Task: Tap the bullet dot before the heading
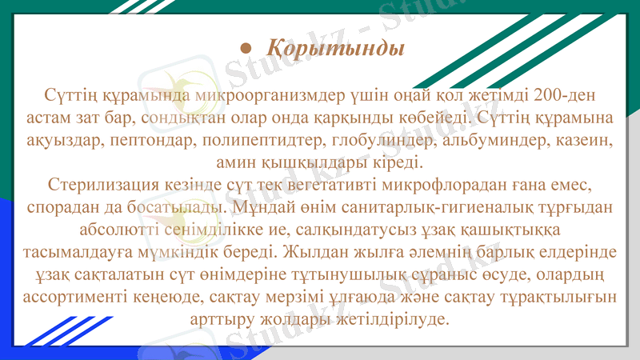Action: pos(247,49)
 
